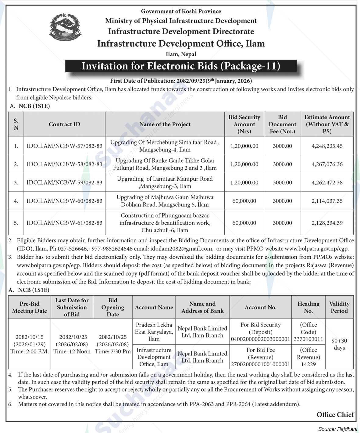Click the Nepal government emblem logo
(x=65, y=27)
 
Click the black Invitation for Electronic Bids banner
(x=181, y=66)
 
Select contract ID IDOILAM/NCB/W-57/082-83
(x=64, y=146)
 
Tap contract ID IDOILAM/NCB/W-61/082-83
(x=64, y=223)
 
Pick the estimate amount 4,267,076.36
(x=327, y=164)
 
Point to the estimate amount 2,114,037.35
(x=327, y=201)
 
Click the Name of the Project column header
(x=165, y=124)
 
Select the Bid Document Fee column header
(x=282, y=124)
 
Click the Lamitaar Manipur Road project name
(x=165, y=182)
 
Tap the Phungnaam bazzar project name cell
(x=165, y=223)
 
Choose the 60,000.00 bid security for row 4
(x=244, y=201)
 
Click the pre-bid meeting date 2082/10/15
(x=30, y=337)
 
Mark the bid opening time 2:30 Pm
(x=113, y=352)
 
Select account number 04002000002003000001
(x=260, y=339)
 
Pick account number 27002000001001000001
(x=260, y=364)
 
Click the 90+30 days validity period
(x=339, y=344)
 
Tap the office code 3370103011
(x=308, y=339)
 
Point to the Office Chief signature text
(x=335, y=414)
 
